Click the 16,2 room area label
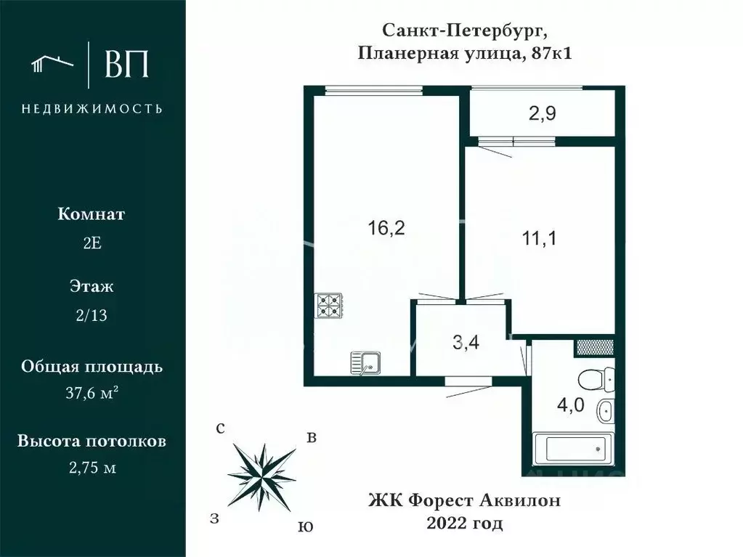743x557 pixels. (386, 228)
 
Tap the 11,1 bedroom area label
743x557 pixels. (540, 237)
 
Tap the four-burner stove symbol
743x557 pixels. (328, 306)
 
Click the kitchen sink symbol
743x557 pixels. (365, 361)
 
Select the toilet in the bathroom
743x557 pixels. (598, 378)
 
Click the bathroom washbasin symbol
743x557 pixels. (605, 412)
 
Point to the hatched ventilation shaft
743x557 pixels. (594, 347)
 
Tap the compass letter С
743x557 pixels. (219, 428)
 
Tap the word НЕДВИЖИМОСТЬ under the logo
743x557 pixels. (92, 109)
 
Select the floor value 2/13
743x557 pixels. (92, 314)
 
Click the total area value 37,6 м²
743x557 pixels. (92, 393)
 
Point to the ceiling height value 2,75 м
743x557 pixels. (92, 468)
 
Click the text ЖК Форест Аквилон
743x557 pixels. (466, 500)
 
